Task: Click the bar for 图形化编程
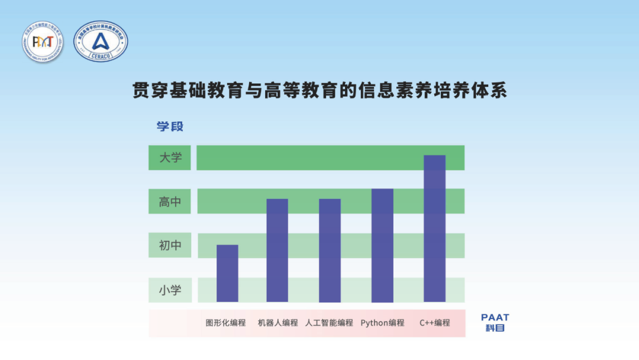(227, 273)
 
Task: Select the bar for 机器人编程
(277, 250)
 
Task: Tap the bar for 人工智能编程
(330, 250)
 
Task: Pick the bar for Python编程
(382, 245)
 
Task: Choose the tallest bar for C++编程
(434, 228)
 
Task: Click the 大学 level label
(170, 157)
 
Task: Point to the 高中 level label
(170, 202)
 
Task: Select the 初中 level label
(170, 245)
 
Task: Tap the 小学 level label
(170, 290)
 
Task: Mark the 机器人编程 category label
(277, 323)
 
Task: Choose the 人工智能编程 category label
(329, 323)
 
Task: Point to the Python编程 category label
(382, 323)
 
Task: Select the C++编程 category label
(435, 323)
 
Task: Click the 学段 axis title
(170, 126)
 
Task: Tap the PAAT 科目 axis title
(495, 323)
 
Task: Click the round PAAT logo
(43, 41)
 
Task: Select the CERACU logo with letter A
(101, 41)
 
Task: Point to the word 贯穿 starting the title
(150, 91)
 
